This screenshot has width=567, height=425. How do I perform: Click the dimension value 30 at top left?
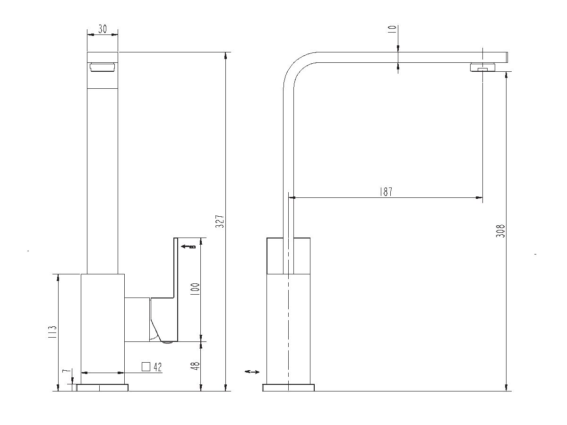tap(102, 29)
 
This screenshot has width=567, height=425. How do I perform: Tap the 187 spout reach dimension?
tap(386, 192)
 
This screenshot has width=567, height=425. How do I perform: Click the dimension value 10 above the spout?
tap(392, 29)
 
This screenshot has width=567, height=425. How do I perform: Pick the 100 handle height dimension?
tap(195, 289)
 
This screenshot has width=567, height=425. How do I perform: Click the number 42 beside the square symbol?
tap(158, 366)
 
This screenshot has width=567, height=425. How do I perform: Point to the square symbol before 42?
tap(146, 366)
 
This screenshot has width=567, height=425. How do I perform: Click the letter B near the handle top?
tap(192, 246)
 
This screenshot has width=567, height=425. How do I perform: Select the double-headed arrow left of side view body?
tap(252, 372)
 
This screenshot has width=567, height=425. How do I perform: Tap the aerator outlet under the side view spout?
tap(482, 68)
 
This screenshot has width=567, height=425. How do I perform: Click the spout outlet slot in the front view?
tap(102, 68)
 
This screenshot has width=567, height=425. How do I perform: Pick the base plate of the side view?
tap(288, 388)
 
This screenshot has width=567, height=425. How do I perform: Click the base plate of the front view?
tap(102, 388)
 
